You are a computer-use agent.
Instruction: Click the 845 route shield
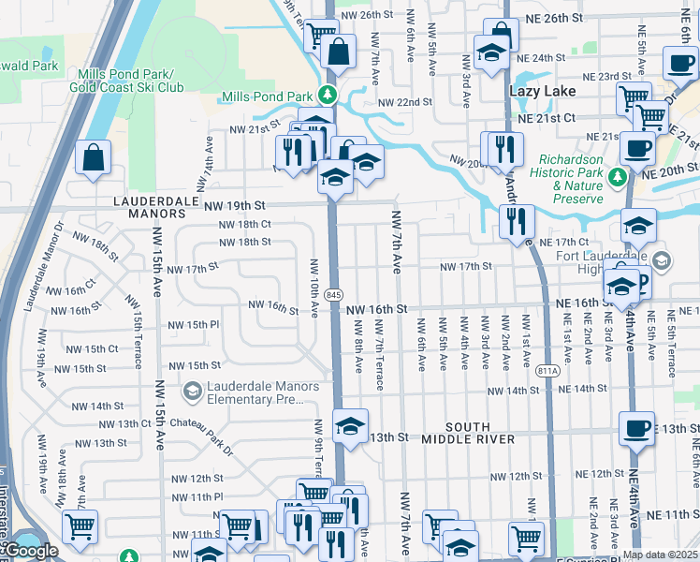[x=334, y=295]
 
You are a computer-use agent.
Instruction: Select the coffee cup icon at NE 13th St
[x=637, y=427]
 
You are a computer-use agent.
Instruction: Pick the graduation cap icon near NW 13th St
[x=350, y=426]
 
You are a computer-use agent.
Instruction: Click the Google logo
[x=31, y=551]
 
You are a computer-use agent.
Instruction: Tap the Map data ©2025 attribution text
[x=660, y=555]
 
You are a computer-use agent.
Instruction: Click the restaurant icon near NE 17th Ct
[x=516, y=222]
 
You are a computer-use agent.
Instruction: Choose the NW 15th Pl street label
[x=193, y=325]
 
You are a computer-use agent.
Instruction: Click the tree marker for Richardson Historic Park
[x=616, y=177]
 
